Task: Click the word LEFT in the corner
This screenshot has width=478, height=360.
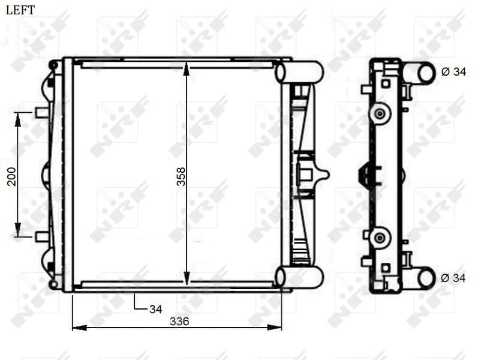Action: [x=20, y=10]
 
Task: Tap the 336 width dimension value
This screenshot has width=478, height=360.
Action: [x=179, y=321]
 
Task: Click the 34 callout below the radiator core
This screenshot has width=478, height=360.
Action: [x=155, y=310]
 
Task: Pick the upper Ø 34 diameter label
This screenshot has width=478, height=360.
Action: [x=453, y=72]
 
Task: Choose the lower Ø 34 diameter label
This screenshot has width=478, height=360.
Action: [x=453, y=278]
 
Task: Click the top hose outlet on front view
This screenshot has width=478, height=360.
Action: [x=299, y=72]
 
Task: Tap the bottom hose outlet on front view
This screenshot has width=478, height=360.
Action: [x=299, y=277]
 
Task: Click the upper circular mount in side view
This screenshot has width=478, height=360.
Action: [x=378, y=113]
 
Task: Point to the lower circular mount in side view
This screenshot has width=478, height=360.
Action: [x=378, y=238]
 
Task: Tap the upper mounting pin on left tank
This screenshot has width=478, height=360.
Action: [x=41, y=112]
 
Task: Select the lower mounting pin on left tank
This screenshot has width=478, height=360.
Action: [x=41, y=236]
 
